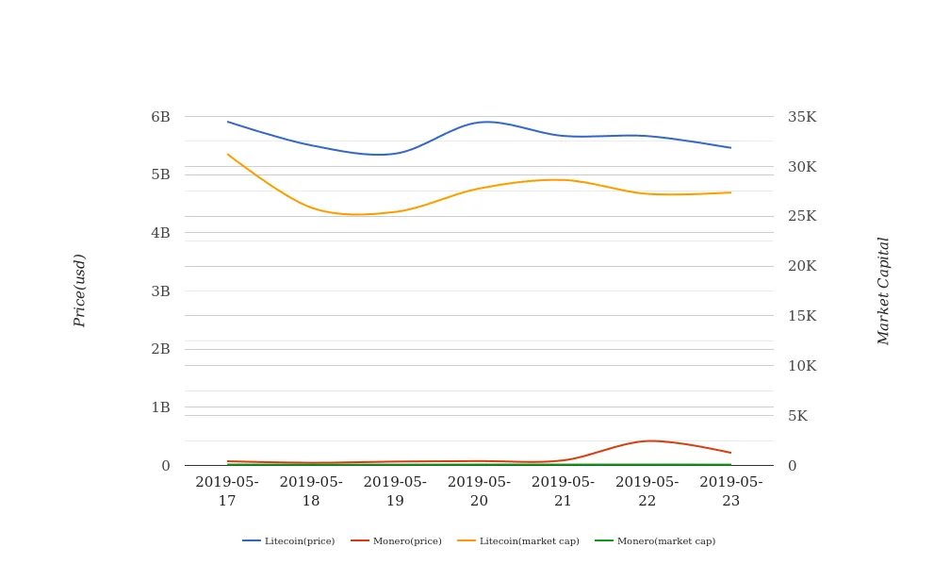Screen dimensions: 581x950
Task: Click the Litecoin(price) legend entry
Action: coord(289,541)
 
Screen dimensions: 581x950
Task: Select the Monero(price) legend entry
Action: coord(397,541)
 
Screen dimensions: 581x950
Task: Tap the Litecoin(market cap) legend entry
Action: coord(518,541)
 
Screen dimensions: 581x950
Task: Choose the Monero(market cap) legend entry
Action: coord(656,541)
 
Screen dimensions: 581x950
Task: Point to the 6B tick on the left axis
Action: coord(160,117)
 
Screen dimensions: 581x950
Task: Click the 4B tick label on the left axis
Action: coord(160,233)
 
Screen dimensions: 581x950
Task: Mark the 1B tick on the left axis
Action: coord(160,407)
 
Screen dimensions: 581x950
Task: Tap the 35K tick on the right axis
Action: coord(802,117)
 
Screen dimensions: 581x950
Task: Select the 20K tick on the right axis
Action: coord(802,266)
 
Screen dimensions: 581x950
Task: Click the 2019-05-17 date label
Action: coord(227,491)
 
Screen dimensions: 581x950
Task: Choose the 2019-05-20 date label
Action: coord(479,491)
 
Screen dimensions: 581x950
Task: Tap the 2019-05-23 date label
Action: coord(731,491)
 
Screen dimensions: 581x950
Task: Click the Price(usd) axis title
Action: coord(80,290)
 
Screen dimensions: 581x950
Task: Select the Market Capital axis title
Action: coord(883,290)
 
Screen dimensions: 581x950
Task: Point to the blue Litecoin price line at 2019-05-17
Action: coord(227,122)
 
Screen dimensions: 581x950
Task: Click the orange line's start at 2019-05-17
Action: coord(227,154)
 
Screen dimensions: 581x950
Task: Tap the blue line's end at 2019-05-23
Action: coord(731,148)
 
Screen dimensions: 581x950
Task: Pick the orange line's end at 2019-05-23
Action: coord(731,192)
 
